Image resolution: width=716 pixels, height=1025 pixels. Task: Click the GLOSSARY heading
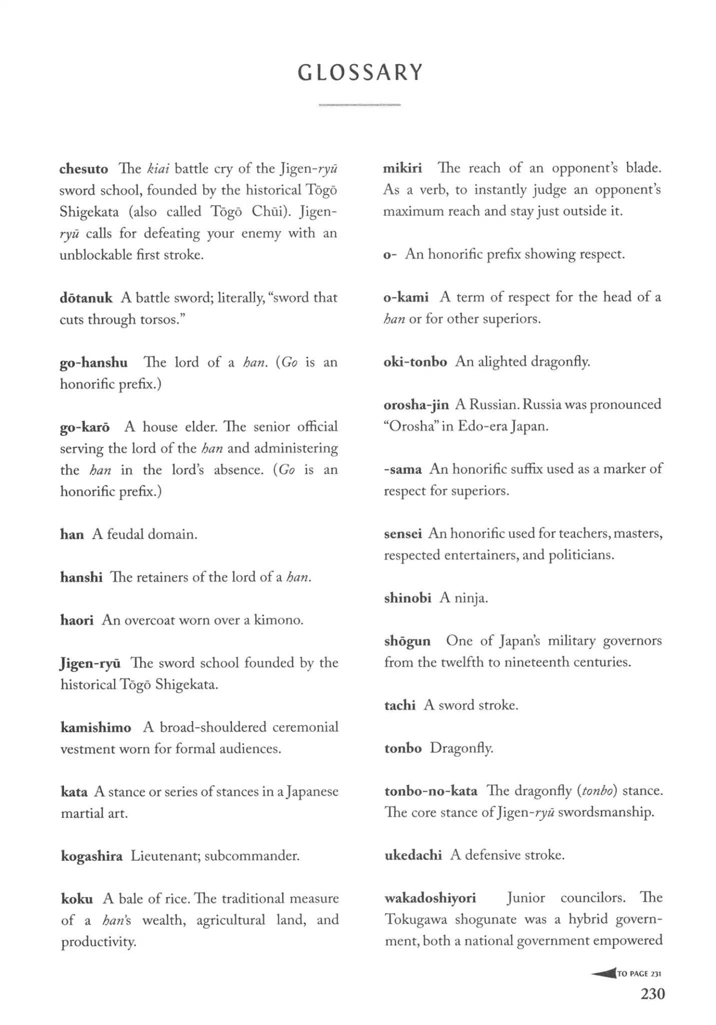tap(360, 73)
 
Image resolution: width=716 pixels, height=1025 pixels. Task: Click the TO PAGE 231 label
tap(639, 973)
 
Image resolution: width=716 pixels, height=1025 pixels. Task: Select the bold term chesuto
tap(84, 169)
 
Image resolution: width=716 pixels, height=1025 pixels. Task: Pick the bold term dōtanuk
tap(86, 298)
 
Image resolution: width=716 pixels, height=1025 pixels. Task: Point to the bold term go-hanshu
tap(94, 362)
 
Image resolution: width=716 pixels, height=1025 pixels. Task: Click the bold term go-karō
tap(85, 427)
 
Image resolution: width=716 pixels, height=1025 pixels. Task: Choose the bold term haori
tap(77, 621)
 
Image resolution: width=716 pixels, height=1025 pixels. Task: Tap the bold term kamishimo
tap(96, 728)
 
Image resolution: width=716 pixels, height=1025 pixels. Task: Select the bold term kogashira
tap(92, 856)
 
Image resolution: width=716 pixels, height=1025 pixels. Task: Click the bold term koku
tap(77, 899)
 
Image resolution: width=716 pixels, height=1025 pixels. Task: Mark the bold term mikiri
tap(402, 168)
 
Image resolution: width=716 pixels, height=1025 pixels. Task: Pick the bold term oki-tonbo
tap(415, 362)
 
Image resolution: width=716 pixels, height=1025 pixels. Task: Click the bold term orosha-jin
tap(416, 405)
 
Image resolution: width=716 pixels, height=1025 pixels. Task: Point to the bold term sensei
tap(403, 534)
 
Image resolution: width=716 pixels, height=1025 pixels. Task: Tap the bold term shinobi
tap(408, 598)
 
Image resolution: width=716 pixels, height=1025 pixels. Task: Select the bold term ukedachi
tap(413, 855)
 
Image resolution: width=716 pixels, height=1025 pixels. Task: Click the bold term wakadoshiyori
tap(430, 898)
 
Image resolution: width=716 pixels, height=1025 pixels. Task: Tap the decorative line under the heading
tap(359, 105)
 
